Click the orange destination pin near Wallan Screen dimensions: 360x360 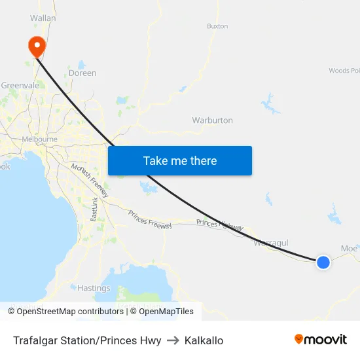tap(36, 46)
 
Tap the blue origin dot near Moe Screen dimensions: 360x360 tap(323, 262)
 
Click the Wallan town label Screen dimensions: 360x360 tap(43, 18)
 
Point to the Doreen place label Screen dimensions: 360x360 tap(82, 73)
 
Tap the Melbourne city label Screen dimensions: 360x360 tap(39, 139)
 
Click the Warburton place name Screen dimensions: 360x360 tap(212, 120)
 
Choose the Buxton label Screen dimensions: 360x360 tap(217, 26)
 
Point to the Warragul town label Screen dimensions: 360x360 tap(271, 243)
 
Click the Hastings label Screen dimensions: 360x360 tap(94, 288)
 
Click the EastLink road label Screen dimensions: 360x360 tap(95, 209)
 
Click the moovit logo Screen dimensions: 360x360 tap(320, 340)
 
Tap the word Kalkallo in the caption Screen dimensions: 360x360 tap(204, 340)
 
